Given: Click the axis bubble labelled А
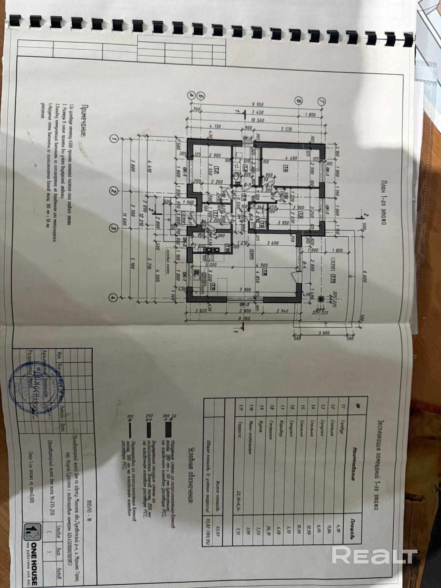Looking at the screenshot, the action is pyautogui.click(x=191, y=94).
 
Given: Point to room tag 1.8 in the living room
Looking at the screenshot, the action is pyautogui.click(x=264, y=273).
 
